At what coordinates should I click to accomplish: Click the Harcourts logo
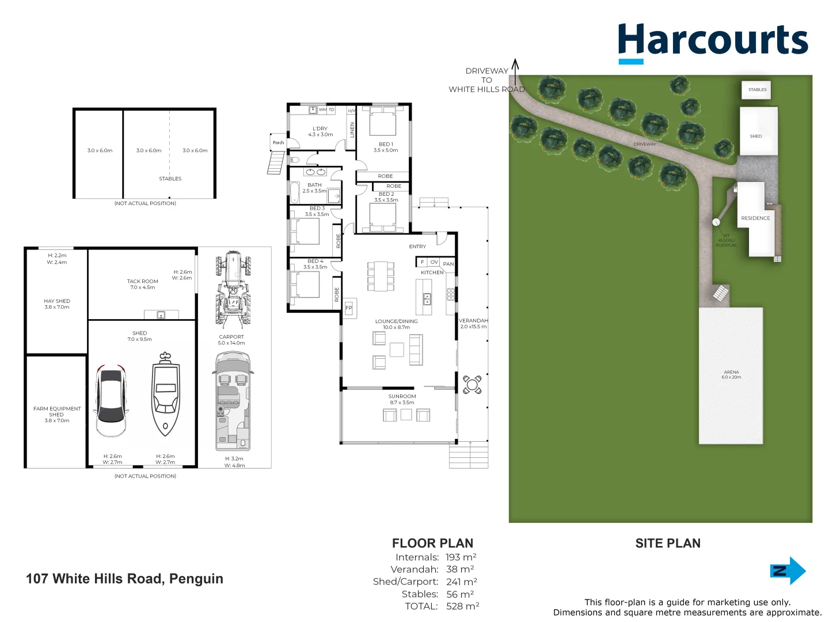point(713,41)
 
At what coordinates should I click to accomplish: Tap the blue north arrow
point(788,571)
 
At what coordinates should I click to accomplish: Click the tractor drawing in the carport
point(233,288)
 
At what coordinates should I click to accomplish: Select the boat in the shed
point(166,395)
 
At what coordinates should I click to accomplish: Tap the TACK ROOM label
point(142,282)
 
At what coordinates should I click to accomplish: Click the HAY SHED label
point(57,301)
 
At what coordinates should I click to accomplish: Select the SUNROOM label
point(402,397)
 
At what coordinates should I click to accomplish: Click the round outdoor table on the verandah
point(472,384)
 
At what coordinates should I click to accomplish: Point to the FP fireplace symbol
point(349,308)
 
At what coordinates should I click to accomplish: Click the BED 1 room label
point(386,145)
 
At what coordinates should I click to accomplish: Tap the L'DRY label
point(320,129)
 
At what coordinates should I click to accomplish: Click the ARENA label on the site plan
point(731,373)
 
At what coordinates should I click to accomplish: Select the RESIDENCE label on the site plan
point(755,218)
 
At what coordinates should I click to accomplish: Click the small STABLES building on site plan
point(757,90)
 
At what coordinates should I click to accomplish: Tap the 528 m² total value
point(462,606)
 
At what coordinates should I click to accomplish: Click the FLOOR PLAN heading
point(432,543)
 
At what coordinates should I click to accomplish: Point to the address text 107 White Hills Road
point(124,579)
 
